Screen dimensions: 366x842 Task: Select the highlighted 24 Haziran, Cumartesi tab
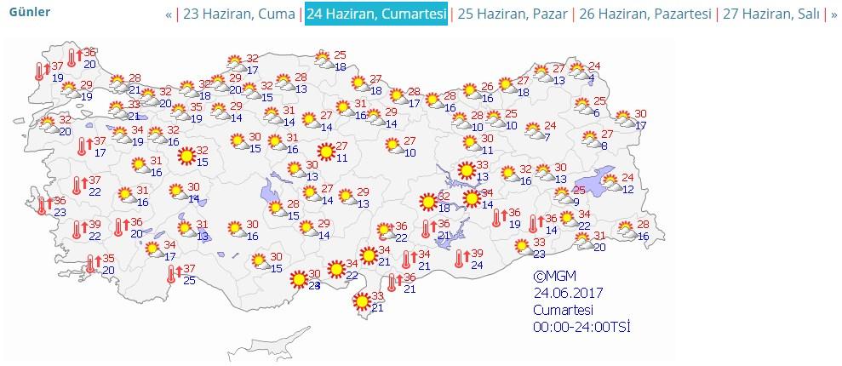(376, 14)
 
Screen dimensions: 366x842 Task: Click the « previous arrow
(169, 14)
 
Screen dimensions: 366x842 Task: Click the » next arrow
(833, 14)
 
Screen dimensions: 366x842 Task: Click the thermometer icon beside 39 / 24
(461, 258)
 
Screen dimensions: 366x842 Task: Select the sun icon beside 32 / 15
(186, 156)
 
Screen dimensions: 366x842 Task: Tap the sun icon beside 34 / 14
(472, 198)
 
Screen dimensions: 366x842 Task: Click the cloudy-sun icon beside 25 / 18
(323, 59)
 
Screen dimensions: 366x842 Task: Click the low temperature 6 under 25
(596, 112)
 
